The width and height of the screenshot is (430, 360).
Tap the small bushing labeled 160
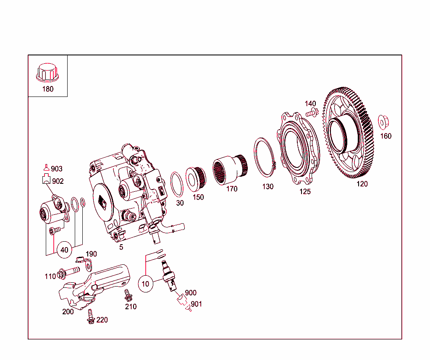coord(383,122)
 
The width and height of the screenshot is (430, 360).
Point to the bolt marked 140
coord(312,112)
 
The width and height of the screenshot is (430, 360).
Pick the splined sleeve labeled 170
coord(229,170)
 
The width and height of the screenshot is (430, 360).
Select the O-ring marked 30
coord(177,185)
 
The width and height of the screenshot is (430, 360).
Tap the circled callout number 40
coord(64,250)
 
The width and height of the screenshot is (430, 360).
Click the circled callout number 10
coord(145,284)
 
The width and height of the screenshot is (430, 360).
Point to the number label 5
coord(121,247)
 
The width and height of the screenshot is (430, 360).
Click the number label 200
coord(68,311)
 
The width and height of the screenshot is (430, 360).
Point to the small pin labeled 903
coord(46,168)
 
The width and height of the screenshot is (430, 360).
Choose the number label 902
coord(58,181)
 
